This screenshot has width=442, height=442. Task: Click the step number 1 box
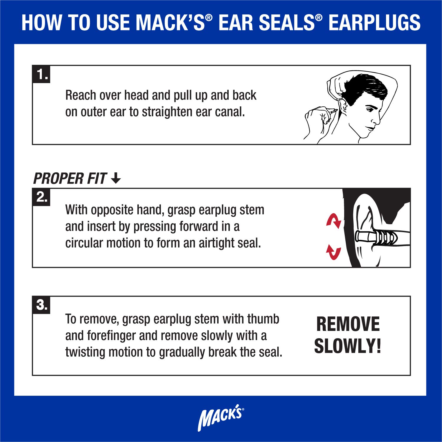(x=41, y=74)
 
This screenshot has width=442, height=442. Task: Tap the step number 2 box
(x=41, y=197)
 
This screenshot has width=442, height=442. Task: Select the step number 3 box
(x=41, y=305)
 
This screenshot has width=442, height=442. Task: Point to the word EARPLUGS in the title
(x=374, y=23)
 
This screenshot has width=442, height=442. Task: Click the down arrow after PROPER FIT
(x=116, y=178)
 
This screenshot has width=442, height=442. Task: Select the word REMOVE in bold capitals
(x=348, y=324)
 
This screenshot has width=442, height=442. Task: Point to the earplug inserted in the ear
(x=376, y=237)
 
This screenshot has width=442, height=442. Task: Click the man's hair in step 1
(x=365, y=88)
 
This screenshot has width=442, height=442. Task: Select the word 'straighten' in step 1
(x=166, y=112)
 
